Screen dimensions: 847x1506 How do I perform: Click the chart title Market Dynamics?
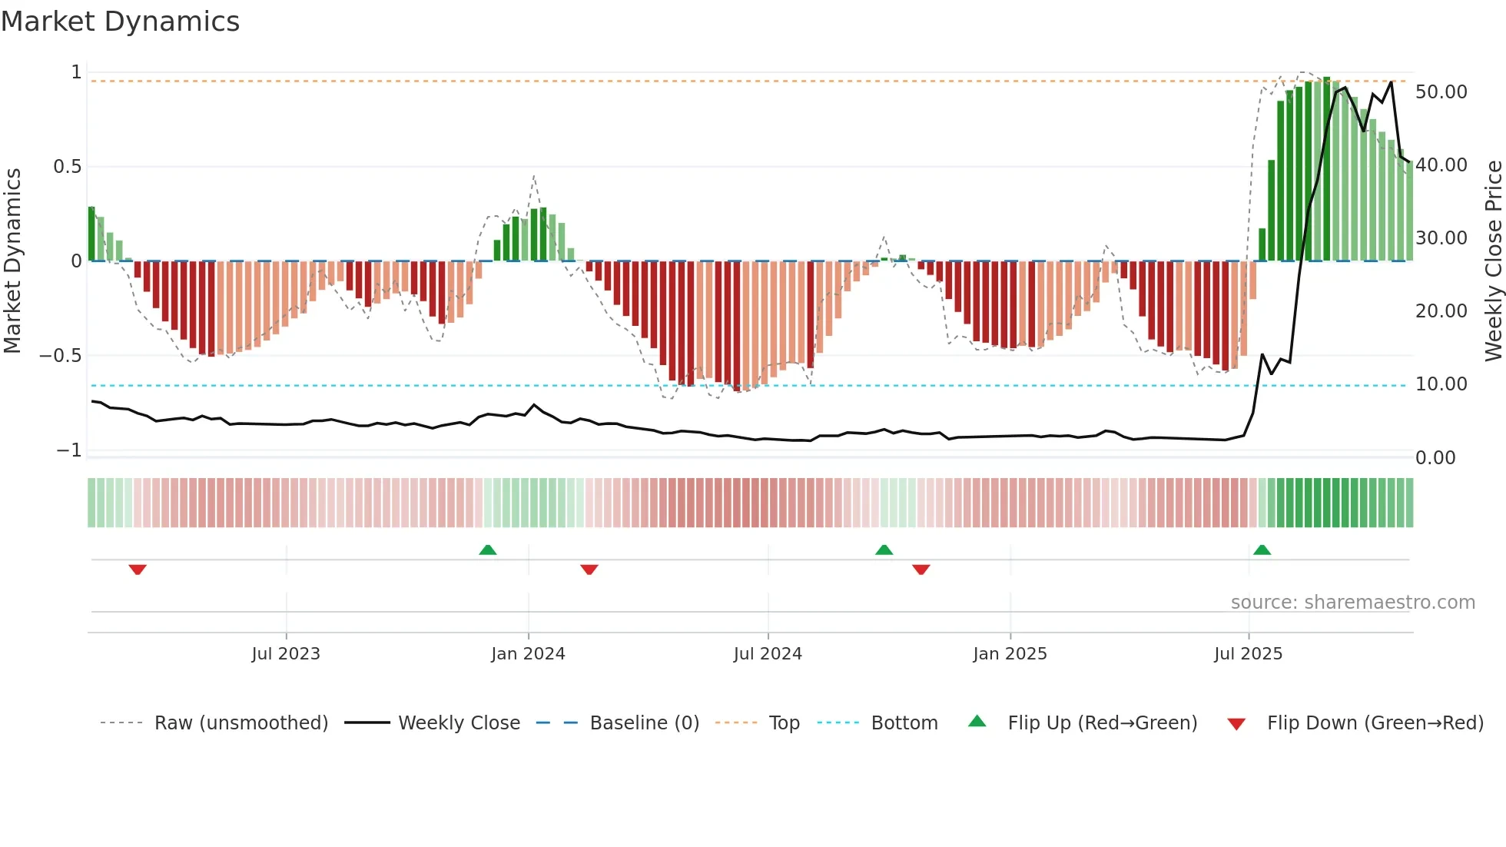tap(120, 22)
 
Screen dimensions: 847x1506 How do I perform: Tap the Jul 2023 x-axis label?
tap(286, 654)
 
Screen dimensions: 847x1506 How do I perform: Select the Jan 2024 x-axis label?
tap(528, 654)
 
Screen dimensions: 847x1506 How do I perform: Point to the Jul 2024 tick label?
tap(768, 654)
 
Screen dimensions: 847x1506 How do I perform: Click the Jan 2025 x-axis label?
tap(1010, 654)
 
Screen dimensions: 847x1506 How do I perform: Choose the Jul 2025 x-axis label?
tap(1249, 654)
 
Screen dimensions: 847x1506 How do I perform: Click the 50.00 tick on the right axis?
tap(1441, 92)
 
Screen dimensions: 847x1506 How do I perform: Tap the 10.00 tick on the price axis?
tap(1441, 384)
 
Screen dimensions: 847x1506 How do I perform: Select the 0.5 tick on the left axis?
tap(67, 167)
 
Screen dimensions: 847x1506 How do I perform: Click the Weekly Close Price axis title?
tap(1493, 261)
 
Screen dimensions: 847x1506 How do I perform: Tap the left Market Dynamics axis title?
tap(12, 261)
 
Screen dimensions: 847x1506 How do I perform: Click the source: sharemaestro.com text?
tap(1352, 603)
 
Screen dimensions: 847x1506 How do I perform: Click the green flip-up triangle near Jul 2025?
tap(1262, 550)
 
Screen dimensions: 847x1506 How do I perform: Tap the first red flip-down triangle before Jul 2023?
tap(138, 570)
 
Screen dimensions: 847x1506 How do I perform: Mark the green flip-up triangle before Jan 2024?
tap(487, 550)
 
